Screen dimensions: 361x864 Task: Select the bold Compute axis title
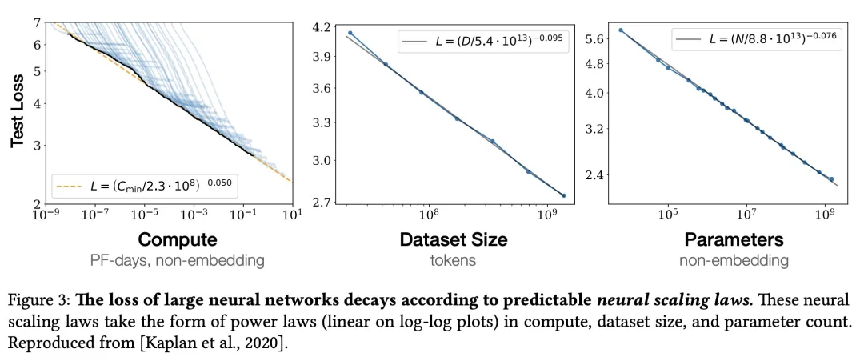[x=177, y=239]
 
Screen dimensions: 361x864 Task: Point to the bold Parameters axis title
[x=733, y=239]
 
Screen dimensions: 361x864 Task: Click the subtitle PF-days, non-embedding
[x=177, y=259]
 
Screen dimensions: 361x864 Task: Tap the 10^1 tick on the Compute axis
[x=293, y=215]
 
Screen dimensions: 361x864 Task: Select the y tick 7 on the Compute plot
[x=38, y=22]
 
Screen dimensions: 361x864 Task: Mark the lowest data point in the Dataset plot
[x=563, y=195]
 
